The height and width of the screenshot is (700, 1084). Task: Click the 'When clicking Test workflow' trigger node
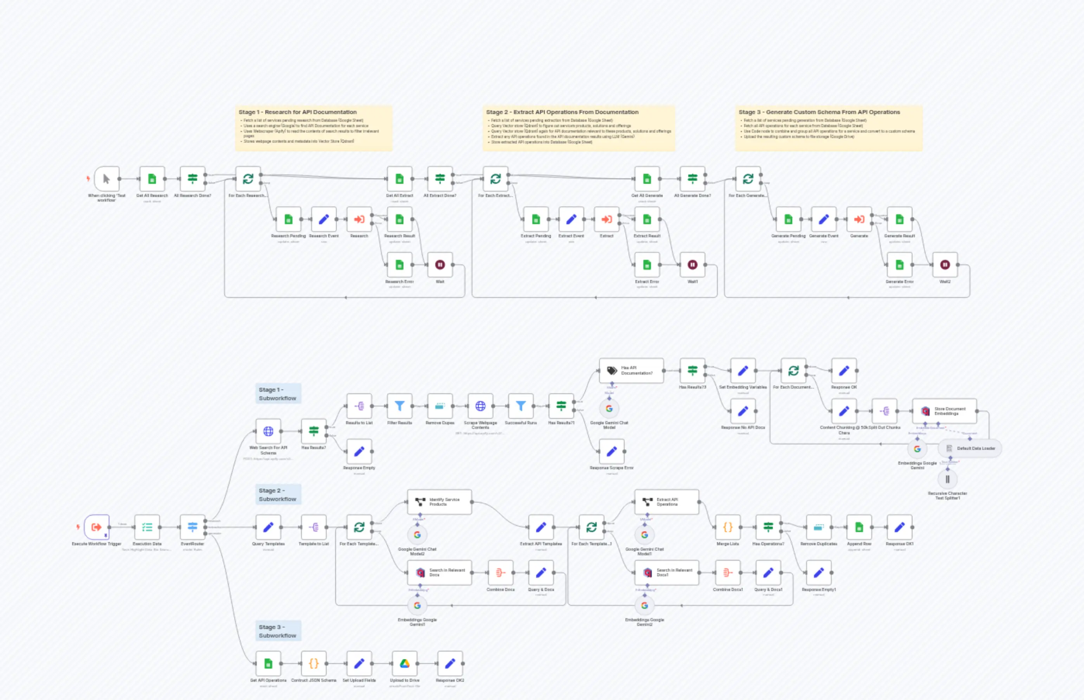pos(106,179)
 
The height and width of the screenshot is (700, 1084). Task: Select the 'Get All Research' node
pos(152,179)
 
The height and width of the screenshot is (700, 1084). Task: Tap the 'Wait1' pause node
pos(692,264)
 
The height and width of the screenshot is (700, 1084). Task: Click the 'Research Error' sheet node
pos(399,264)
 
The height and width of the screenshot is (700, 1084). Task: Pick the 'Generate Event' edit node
pos(823,220)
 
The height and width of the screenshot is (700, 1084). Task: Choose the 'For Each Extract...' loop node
pos(495,179)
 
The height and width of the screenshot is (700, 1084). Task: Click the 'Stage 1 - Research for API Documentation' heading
pos(297,112)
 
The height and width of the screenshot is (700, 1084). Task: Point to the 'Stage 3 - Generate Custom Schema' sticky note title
pos(819,112)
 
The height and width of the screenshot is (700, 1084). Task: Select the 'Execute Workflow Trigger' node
pos(96,527)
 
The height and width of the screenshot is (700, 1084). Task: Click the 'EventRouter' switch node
pos(192,527)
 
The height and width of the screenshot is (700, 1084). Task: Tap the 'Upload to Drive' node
pos(404,663)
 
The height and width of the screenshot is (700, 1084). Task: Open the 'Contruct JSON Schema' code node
pos(313,663)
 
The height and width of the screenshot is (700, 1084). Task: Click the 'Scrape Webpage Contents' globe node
pos(480,406)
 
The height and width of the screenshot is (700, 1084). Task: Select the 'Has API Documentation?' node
pos(631,370)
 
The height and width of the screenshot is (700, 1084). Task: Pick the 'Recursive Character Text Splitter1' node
pos(947,479)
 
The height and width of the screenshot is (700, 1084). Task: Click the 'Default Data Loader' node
pos(970,448)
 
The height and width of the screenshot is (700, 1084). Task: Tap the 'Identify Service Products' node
pos(439,502)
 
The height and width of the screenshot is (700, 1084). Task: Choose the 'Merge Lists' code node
pos(727,527)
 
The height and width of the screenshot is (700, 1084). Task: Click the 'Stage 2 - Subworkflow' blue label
pos(278,494)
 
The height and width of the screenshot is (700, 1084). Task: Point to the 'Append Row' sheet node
pos(859,527)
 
